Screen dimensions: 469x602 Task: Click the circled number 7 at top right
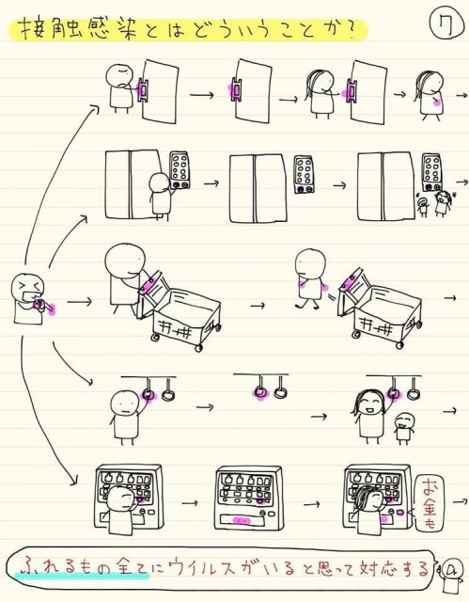(446, 24)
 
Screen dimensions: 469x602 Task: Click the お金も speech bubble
(430, 503)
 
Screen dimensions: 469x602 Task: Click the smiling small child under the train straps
(404, 429)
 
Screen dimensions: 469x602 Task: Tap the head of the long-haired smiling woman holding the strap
(368, 403)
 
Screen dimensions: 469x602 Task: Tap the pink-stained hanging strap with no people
(260, 387)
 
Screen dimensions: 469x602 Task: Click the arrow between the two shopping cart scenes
(258, 305)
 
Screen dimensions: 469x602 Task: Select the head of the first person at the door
(118, 74)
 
